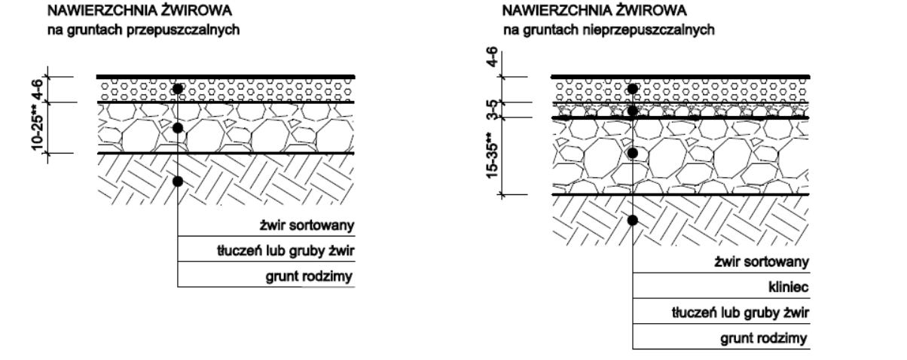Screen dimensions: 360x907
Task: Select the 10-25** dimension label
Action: tap(36, 127)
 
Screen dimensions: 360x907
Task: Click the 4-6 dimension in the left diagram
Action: tap(36, 88)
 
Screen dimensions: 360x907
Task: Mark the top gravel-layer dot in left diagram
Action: tap(178, 89)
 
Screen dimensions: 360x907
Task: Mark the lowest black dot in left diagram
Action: tap(178, 181)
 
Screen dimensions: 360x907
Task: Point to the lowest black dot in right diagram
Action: tap(633, 220)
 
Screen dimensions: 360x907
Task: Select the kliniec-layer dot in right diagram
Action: tap(633, 111)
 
